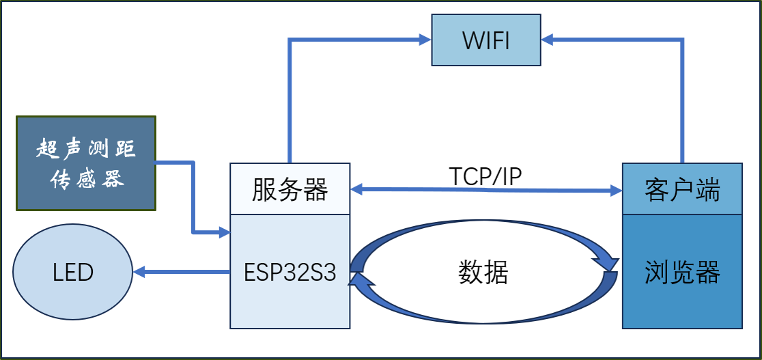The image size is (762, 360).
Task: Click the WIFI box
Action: click(486, 40)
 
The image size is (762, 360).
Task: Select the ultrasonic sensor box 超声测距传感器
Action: click(86, 163)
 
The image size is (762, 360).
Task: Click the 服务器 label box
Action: click(290, 190)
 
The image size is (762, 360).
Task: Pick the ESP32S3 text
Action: click(290, 273)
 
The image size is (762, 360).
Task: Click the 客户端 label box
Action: click(682, 190)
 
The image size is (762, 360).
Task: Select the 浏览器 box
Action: click(682, 273)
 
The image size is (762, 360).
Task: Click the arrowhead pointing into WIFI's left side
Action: click(425, 40)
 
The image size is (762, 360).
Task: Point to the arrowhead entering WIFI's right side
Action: click(548, 40)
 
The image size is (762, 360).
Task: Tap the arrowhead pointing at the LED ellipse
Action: click(139, 273)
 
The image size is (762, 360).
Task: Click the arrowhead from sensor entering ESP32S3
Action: click(224, 234)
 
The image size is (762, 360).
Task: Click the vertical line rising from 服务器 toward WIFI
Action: click(290, 102)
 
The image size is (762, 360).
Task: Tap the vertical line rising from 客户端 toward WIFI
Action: click(681, 102)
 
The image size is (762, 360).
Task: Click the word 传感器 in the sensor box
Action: click(86, 180)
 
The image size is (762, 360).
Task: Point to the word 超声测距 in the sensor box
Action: click(86, 149)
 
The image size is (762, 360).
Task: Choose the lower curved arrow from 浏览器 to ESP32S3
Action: click(486, 318)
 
